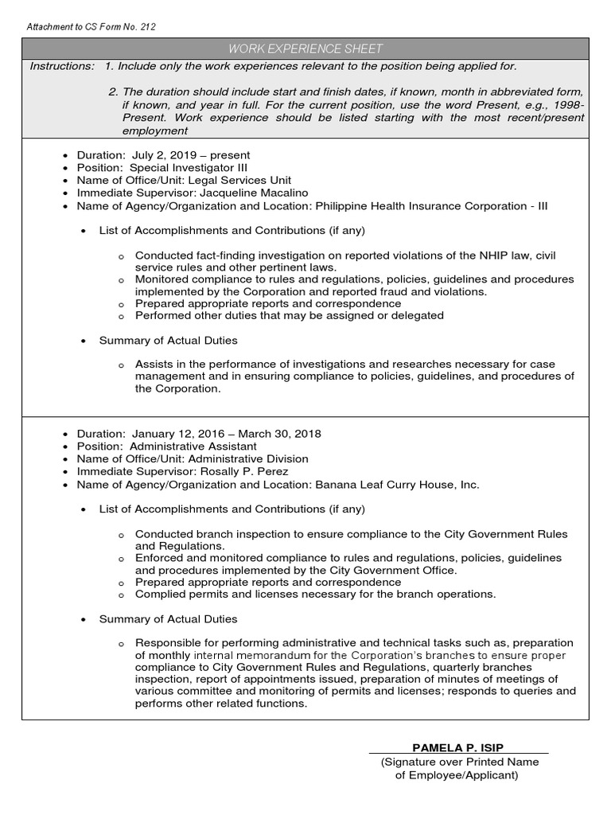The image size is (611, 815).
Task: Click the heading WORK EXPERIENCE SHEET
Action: [x=305, y=49]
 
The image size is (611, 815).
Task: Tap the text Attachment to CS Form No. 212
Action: [x=91, y=27]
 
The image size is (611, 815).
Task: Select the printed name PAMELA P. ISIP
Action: [x=458, y=747]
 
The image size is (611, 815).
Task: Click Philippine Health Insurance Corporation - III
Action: [x=432, y=206]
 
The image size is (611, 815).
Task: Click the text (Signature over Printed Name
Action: [x=459, y=762]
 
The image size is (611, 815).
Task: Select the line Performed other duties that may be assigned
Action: [x=289, y=316]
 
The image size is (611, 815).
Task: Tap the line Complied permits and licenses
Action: [x=315, y=595]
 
